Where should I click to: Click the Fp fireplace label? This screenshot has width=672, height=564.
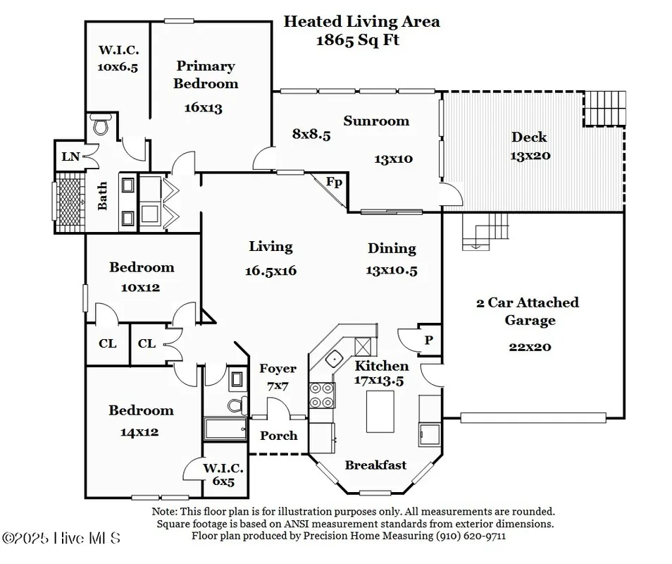334,183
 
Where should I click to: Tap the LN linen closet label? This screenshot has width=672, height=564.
70,157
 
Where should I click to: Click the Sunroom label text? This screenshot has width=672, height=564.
376,121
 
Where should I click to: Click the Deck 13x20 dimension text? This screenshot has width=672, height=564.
530,155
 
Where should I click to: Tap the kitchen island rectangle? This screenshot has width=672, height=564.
380,411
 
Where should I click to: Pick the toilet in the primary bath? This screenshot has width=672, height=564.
100,125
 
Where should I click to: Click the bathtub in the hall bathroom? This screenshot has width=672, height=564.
225,428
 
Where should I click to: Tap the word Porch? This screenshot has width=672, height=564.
279,436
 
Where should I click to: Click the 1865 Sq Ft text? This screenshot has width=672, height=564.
358,39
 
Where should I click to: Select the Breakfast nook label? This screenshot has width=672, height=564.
375,465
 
